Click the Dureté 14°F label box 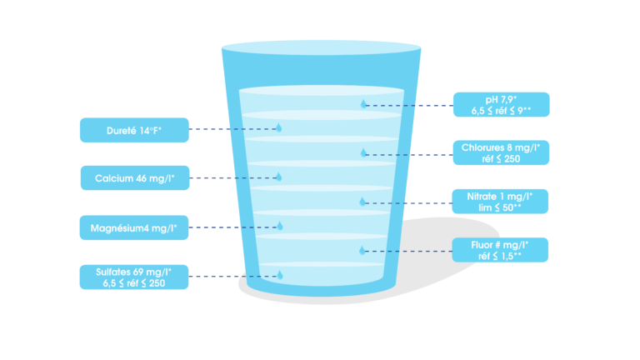point(134,129)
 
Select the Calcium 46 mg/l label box point(134,177)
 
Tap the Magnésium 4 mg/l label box point(134,227)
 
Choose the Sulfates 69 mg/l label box point(134,277)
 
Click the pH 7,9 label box point(501,104)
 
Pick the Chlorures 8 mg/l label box point(501,152)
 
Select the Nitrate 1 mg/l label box point(501,201)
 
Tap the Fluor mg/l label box point(501,250)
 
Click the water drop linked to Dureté point(279,128)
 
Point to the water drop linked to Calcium point(279,177)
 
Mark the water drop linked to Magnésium point(280,226)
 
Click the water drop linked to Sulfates point(279,275)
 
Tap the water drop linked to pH point(363,104)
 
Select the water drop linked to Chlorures point(363,152)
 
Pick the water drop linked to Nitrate point(363,202)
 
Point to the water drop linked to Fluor point(362,250)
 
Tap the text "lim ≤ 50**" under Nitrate point(501,207)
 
